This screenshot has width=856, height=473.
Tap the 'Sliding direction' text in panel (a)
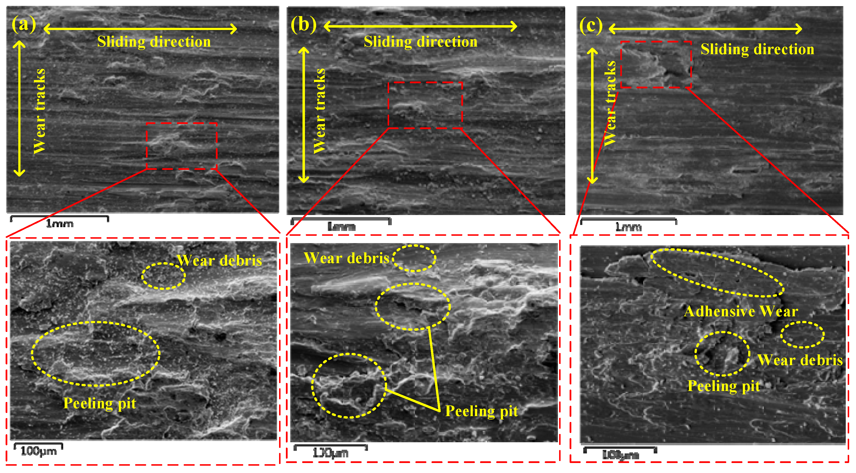point(154,42)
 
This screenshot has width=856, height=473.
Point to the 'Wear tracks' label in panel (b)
point(319,111)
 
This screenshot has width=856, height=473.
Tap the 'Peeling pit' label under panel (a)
point(100,403)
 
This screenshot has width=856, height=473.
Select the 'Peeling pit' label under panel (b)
point(481,411)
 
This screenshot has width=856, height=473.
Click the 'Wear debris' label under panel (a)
point(219,261)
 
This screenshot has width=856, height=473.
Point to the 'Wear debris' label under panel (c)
point(800,360)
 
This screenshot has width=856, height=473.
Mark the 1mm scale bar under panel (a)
point(60,218)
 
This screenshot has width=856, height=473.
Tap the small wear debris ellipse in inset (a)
point(163,276)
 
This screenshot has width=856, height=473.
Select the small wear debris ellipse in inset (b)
point(414,258)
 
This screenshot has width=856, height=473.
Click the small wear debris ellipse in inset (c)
point(802,335)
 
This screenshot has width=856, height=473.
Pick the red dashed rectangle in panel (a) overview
point(181,146)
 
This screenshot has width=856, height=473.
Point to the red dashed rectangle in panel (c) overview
point(656,64)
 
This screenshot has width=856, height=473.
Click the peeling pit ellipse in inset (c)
point(722,354)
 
